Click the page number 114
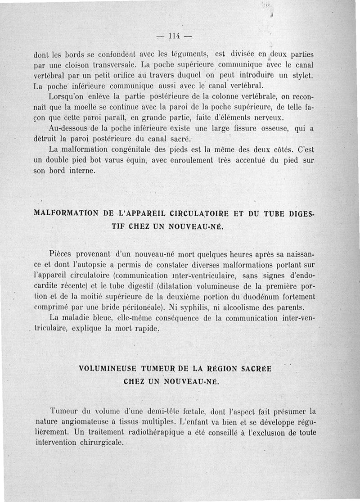[x=174, y=36]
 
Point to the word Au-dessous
[x=67, y=128]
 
